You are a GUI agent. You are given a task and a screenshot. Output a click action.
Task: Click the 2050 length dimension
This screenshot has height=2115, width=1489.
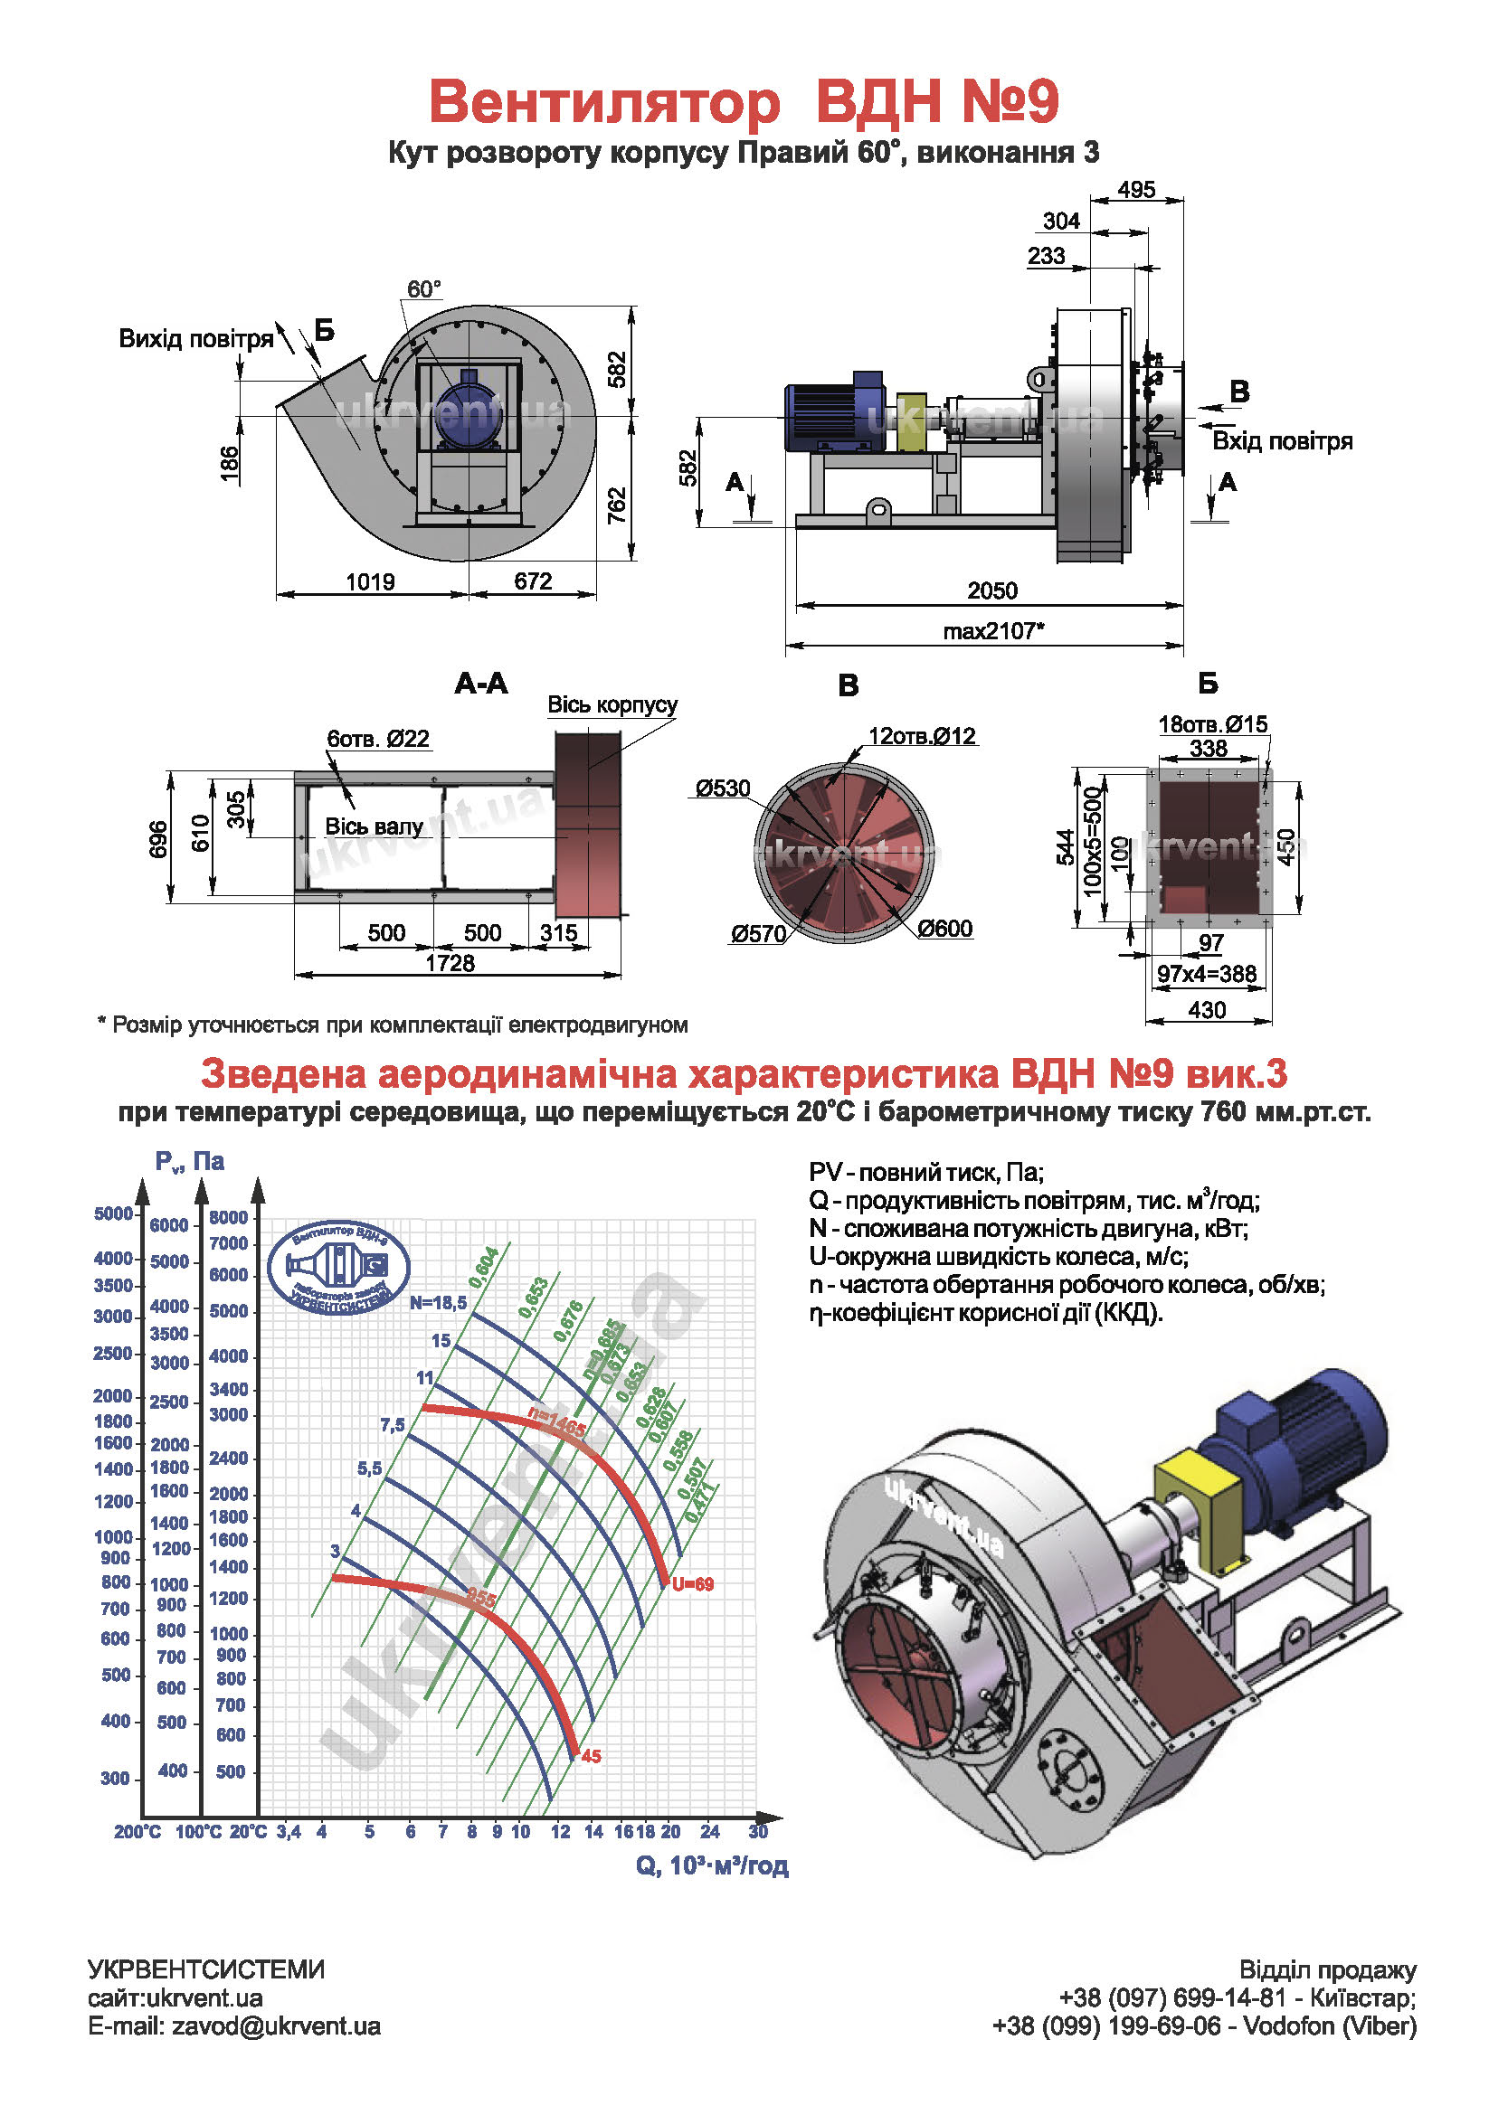[991, 590]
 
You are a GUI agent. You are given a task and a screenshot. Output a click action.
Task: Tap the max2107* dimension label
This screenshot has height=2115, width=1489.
[993, 631]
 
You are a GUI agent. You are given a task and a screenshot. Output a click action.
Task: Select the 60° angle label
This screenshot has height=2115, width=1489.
[424, 289]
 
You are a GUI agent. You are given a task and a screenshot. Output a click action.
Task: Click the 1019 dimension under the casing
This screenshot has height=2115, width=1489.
[370, 582]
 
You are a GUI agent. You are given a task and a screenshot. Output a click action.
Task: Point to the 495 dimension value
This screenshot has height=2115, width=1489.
[1136, 190]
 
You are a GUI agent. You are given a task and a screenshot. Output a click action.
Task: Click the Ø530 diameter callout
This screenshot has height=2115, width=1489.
[724, 788]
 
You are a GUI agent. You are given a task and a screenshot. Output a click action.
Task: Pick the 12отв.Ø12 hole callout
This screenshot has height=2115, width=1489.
[922, 736]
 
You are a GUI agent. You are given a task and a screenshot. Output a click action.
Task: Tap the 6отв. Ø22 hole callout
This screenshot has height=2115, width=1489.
[378, 739]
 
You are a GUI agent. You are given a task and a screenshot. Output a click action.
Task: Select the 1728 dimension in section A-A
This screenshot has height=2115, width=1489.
[450, 963]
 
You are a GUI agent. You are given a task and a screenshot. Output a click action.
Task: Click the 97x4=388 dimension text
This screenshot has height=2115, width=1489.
[1206, 974]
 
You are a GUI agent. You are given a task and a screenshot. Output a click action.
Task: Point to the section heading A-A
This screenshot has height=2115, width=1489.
[481, 684]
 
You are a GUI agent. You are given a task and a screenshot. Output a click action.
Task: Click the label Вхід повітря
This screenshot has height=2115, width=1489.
[1282, 441]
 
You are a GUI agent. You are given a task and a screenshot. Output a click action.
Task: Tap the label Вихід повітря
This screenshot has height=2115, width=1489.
[196, 339]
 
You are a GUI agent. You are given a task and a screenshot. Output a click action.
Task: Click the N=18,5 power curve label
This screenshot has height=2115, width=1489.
[438, 1302]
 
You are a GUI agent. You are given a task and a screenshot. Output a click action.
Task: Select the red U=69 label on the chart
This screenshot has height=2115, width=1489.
[692, 1584]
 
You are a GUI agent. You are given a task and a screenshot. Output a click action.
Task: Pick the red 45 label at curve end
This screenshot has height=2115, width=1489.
[591, 1757]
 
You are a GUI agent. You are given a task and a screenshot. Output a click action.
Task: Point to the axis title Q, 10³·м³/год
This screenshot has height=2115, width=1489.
[711, 1865]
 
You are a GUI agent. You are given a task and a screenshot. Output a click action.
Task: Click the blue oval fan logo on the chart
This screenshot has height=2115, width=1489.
[338, 1268]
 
